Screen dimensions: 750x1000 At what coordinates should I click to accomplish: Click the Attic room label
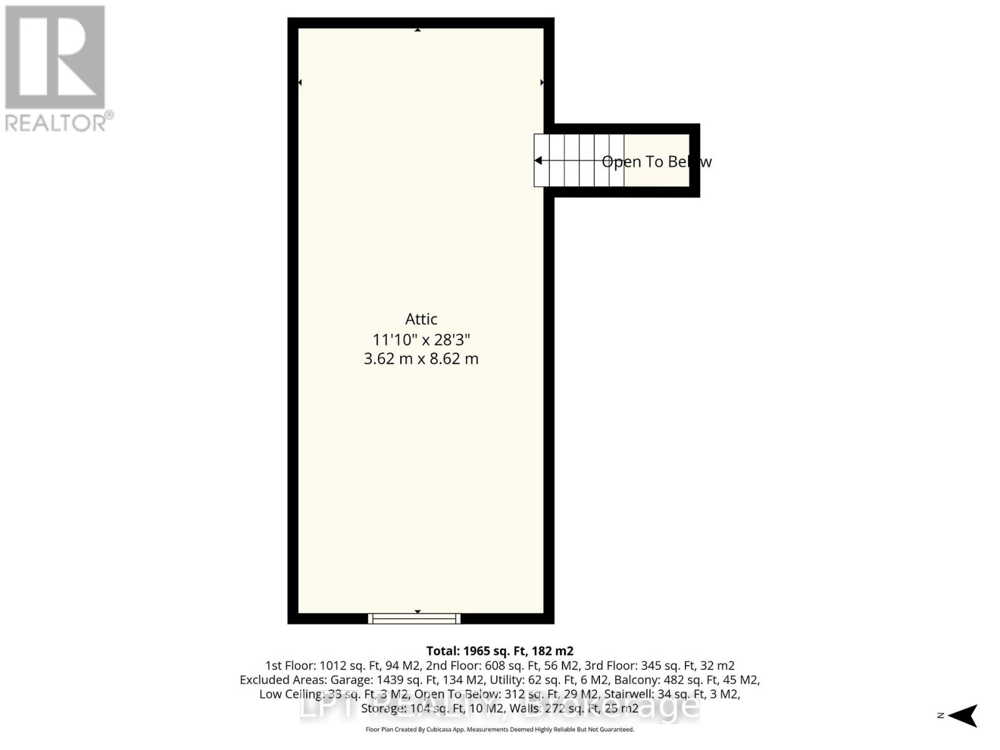point(421,319)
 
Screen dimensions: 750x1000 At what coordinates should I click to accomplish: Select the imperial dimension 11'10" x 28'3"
point(421,340)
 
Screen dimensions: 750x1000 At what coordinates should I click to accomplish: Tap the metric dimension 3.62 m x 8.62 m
point(421,359)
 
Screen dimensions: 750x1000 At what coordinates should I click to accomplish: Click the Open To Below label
point(656,162)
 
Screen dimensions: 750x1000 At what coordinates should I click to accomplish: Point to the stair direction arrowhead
point(538,161)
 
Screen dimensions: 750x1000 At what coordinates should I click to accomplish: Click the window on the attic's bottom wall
point(414,619)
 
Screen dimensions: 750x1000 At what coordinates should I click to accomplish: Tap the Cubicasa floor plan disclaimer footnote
point(499,729)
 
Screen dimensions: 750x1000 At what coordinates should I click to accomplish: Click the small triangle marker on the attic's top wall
point(417,30)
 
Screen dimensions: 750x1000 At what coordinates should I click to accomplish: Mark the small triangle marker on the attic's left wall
point(300,82)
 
